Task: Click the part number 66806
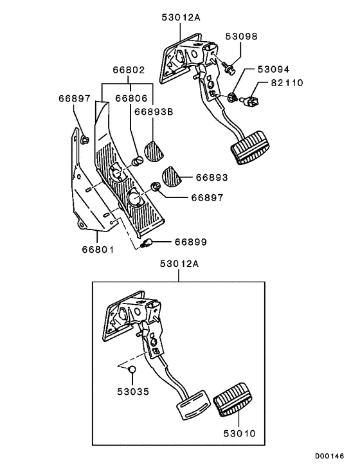[132, 99]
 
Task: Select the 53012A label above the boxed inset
[180, 264]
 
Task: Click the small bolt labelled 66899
[147, 244]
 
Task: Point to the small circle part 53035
[130, 369]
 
